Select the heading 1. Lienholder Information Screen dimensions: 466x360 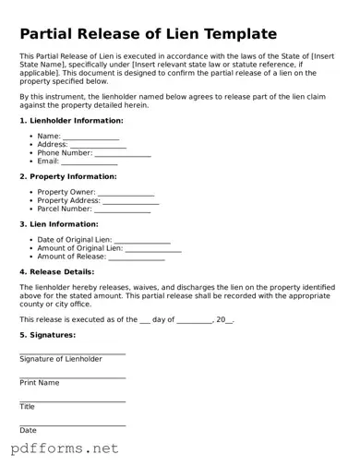tap(71, 121)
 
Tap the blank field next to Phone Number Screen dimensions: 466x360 tap(123, 153)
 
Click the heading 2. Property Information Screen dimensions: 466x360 tap(68, 176)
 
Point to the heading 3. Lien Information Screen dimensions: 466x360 tap(59, 224)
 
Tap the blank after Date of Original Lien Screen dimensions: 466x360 tap(142, 240)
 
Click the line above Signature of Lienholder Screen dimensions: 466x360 tap(72, 353)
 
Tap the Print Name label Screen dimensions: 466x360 tap(40, 382)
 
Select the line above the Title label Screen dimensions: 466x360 tap(72, 401)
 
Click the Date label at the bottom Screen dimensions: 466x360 tap(29, 430)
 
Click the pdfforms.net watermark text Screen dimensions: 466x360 tap(65, 449)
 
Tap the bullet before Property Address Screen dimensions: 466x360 tap(32, 200)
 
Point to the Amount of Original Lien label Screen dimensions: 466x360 tap(79, 248)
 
